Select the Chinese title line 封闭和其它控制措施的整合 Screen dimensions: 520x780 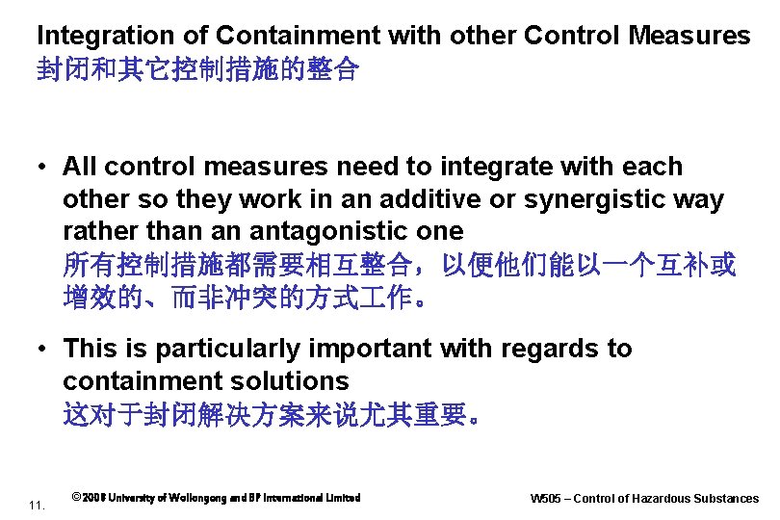coord(197,70)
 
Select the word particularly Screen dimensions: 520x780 coord(245,349)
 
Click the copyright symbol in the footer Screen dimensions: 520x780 coord(76,498)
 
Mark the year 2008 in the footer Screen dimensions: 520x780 coord(93,498)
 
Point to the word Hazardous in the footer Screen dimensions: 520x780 coord(662,499)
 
